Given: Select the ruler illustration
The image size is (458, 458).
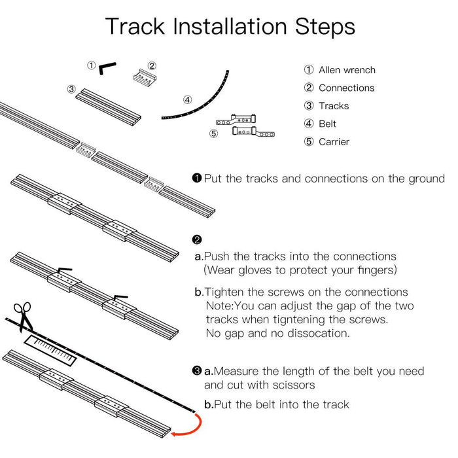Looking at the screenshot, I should (x=51, y=349).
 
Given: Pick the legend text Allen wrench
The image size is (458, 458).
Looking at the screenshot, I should (x=347, y=70).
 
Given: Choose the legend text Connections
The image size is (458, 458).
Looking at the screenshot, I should (x=346, y=88).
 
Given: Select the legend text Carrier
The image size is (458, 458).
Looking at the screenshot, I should (x=334, y=141).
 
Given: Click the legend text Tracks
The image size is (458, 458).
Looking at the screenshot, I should (x=334, y=105).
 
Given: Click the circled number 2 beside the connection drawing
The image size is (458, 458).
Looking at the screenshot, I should (x=152, y=65).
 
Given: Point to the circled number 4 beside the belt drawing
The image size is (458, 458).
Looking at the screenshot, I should (x=187, y=100).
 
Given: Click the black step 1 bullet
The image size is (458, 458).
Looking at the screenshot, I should (x=197, y=178).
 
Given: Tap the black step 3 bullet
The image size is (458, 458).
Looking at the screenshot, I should (x=197, y=371).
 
